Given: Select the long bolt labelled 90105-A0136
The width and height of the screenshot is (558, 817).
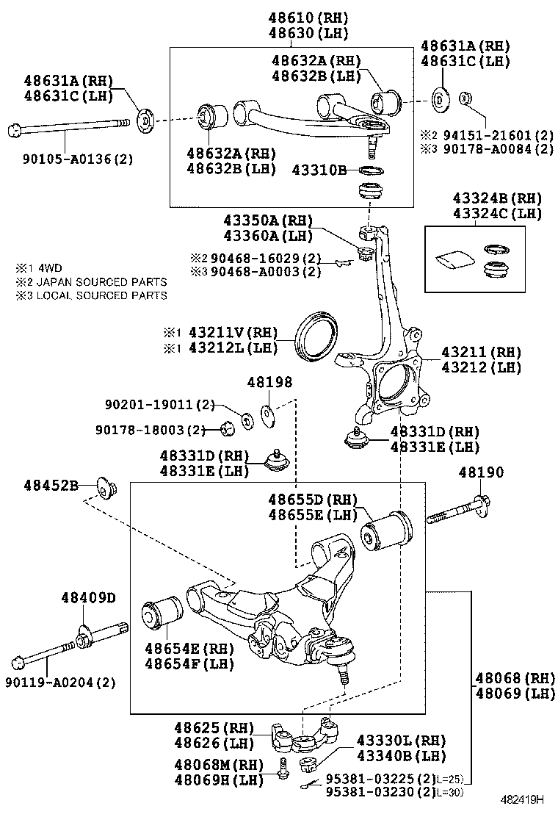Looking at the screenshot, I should point(66,130).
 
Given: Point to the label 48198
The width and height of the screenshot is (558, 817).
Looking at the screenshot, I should point(269,382).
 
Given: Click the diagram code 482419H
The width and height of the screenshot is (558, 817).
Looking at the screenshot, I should point(523,799).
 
